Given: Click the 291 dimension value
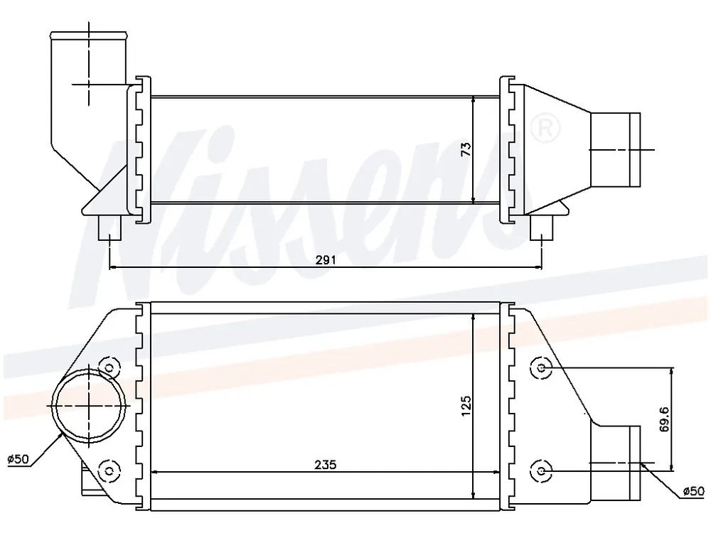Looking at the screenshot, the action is click(x=326, y=259).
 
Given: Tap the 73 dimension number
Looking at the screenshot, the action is click(x=466, y=149).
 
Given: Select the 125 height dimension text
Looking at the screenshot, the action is click(x=466, y=406).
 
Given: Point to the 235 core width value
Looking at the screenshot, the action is click(x=326, y=465).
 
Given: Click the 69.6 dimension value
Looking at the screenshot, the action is click(x=665, y=419).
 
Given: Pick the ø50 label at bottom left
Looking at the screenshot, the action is click(x=18, y=458).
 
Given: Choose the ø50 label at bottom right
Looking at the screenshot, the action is click(x=694, y=491).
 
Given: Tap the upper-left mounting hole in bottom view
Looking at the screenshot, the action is click(x=109, y=367).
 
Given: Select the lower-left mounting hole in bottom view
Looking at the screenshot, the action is click(x=109, y=470).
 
